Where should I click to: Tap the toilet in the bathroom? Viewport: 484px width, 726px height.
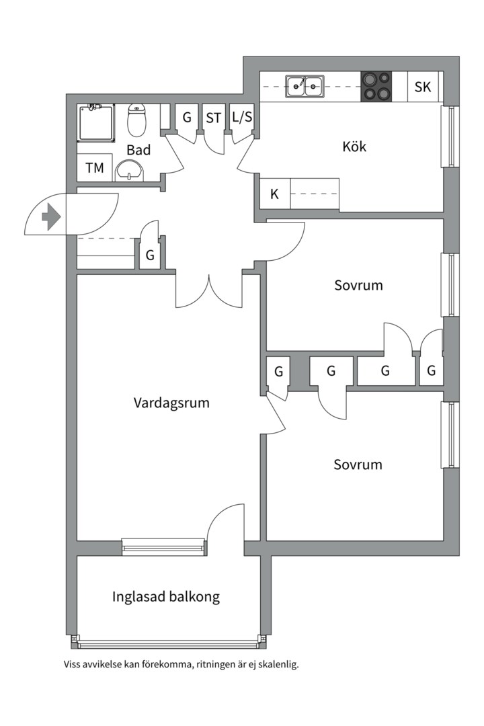[x=137, y=121]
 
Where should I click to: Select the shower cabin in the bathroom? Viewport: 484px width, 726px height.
[x=97, y=122]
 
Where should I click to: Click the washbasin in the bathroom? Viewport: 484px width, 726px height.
[x=128, y=171]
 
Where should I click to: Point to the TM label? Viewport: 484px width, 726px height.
[x=95, y=168]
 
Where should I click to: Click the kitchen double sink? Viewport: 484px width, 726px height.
[x=305, y=86]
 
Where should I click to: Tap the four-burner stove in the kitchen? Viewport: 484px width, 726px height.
[x=376, y=87]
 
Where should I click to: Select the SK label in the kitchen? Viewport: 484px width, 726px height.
[x=422, y=87]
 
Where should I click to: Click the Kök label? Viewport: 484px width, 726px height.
[x=354, y=147]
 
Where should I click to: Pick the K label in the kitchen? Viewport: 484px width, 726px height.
[x=274, y=195]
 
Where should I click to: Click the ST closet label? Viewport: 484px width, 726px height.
[x=214, y=118]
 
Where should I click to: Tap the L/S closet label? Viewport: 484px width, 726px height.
[x=242, y=118]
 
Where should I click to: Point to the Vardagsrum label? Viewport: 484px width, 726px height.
[x=171, y=403]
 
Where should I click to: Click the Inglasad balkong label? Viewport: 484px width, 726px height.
[x=166, y=596]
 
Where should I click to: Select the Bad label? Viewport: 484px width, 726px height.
[x=138, y=150]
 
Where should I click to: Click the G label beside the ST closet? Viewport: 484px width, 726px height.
[x=187, y=118]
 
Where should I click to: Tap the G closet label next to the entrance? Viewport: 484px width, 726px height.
[x=150, y=255]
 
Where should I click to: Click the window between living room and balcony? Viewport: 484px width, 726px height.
[x=163, y=547]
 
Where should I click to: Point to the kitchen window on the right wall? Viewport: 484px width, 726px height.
[x=447, y=136]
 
